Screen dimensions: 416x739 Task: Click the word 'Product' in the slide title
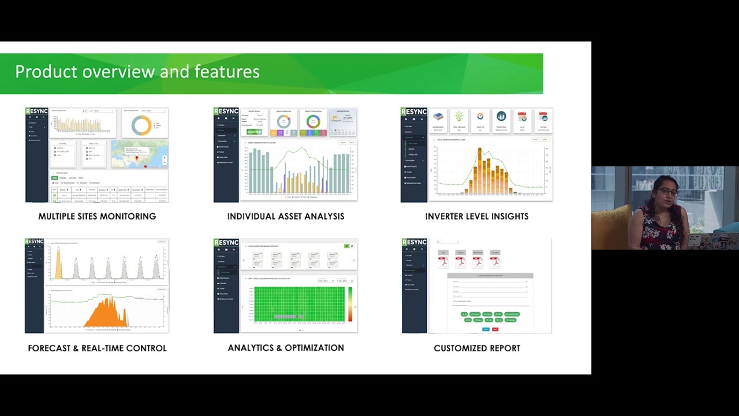[46, 72]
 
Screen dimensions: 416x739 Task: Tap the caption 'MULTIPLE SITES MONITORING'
[97, 216]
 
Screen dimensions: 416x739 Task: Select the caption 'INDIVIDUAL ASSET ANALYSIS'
[286, 216]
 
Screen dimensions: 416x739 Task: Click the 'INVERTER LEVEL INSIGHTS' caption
[477, 216]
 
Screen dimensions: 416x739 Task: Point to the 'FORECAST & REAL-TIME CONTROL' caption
[97, 348]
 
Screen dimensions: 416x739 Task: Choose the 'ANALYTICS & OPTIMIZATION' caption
[286, 348]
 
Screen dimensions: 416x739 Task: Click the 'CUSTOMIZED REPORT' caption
[477, 348]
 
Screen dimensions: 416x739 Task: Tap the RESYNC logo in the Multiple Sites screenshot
[36, 112]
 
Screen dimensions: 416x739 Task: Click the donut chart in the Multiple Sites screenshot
[141, 125]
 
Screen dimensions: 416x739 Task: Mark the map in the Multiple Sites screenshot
[139, 154]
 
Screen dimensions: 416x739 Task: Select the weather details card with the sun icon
[343, 122]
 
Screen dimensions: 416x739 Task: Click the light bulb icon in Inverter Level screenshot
[459, 117]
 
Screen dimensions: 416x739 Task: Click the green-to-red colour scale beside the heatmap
[350, 304]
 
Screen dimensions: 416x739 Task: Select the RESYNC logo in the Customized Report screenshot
[414, 242]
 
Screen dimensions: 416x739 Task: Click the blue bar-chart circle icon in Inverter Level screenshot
[501, 117]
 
